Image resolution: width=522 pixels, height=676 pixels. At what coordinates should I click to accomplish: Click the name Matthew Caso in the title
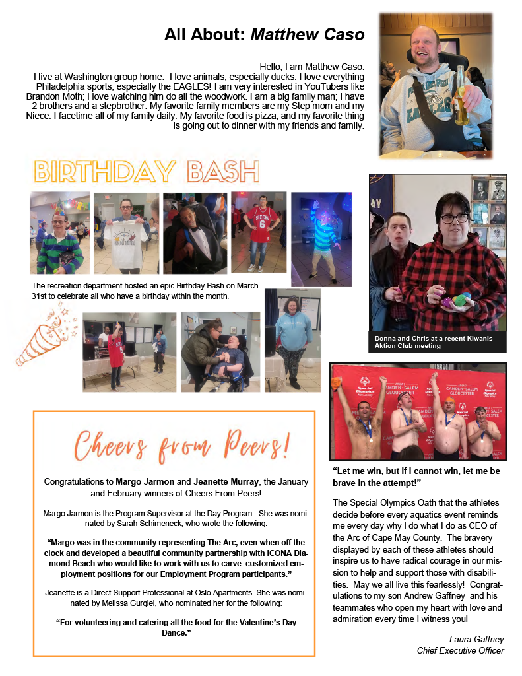308,34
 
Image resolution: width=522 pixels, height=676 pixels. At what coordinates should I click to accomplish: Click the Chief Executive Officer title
460,650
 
